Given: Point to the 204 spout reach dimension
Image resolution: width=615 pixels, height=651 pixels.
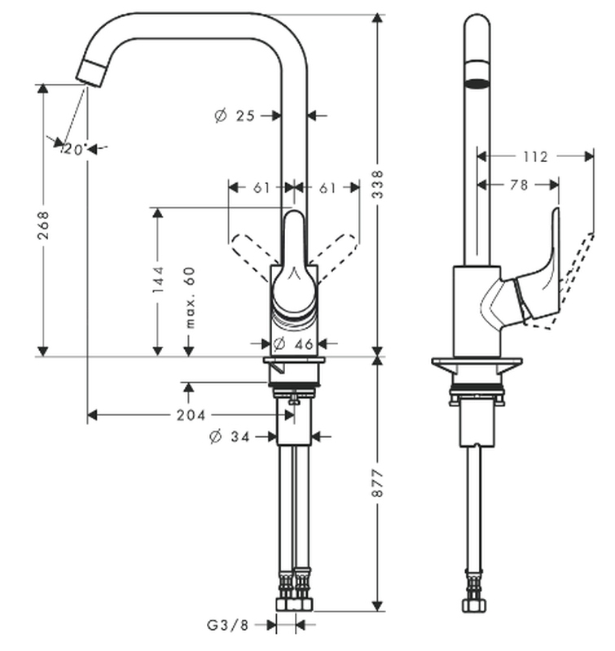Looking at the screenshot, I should [x=190, y=415].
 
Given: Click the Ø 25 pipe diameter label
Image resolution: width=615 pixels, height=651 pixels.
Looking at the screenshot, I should [x=235, y=116].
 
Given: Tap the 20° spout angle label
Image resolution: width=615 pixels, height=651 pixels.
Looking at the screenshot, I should [x=75, y=149].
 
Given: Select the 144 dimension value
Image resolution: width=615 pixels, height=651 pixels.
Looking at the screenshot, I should [x=157, y=279].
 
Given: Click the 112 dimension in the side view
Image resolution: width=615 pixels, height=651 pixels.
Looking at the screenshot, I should [x=534, y=156].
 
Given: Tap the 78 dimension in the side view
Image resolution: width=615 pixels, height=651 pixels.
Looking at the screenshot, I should [x=518, y=186].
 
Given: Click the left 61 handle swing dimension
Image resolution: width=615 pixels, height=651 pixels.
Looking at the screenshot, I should [x=261, y=188].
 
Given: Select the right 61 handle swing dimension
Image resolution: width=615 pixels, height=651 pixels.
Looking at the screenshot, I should [x=327, y=188].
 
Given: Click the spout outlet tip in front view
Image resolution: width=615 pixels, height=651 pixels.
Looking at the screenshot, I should [x=90, y=73].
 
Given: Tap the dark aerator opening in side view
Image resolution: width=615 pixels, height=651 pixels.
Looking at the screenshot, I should [x=476, y=83].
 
